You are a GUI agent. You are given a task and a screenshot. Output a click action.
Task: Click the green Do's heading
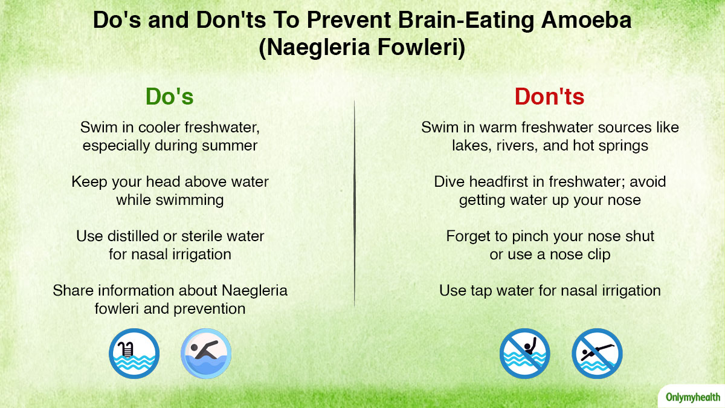click(169, 97)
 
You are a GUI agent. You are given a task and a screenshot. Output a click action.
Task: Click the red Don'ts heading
click(549, 97)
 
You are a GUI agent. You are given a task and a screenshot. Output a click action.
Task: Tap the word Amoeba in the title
click(586, 20)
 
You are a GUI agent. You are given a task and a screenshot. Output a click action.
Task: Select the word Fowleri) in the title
click(421, 47)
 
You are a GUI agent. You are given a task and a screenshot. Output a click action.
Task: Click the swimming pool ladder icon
click(134, 354)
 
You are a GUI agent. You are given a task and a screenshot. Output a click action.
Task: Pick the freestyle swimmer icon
click(206, 354)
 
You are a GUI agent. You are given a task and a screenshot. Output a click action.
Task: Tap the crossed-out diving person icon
click(597, 354)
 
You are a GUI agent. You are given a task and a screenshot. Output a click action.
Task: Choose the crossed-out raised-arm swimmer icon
click(524, 354)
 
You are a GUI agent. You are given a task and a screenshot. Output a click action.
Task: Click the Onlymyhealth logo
click(693, 397)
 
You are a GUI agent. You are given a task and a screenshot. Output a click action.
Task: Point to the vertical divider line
click(355, 203)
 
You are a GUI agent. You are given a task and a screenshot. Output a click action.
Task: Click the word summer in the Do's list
click(230, 146)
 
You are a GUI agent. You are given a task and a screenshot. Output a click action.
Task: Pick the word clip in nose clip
click(599, 255)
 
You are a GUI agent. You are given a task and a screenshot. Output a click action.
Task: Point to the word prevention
click(210, 309)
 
